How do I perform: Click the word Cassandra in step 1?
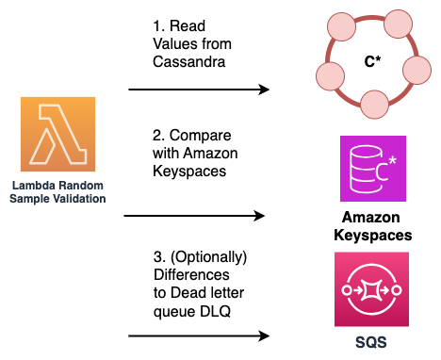[x=186, y=61]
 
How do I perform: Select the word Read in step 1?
[x=190, y=27]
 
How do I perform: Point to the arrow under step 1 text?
[x=198, y=90]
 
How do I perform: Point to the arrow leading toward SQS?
[x=198, y=335]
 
